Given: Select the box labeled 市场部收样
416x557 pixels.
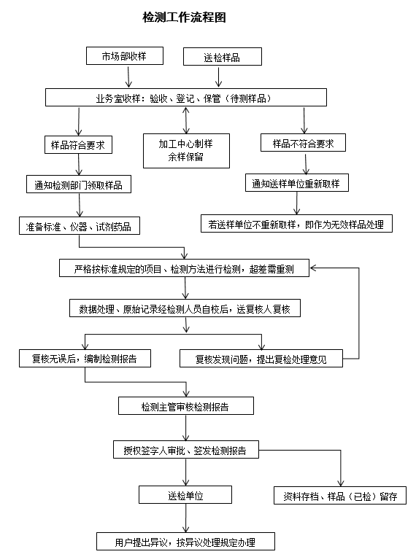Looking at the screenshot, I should (x=123, y=56).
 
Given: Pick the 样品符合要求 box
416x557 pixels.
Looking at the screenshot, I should (x=78, y=144).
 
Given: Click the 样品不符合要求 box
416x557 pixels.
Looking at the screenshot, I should (x=303, y=144).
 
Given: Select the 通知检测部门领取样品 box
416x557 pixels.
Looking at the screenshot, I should (x=79, y=184).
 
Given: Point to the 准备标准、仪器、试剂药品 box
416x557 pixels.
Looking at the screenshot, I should (x=79, y=225).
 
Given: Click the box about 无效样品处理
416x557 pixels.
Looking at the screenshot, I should (x=296, y=224).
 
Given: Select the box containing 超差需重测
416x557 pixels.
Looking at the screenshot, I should (x=185, y=268).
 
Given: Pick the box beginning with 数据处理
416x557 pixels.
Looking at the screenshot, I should (x=185, y=308).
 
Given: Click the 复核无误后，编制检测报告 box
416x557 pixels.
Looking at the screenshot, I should (x=85, y=359).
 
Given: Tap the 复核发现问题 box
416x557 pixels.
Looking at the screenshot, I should (x=261, y=359).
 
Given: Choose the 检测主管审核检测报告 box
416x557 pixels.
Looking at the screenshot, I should (x=186, y=405).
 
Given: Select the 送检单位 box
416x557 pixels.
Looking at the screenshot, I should (x=185, y=496).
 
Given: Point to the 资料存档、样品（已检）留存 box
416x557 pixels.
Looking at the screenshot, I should (x=339, y=496).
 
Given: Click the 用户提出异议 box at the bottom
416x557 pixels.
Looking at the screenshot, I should (x=185, y=542).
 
